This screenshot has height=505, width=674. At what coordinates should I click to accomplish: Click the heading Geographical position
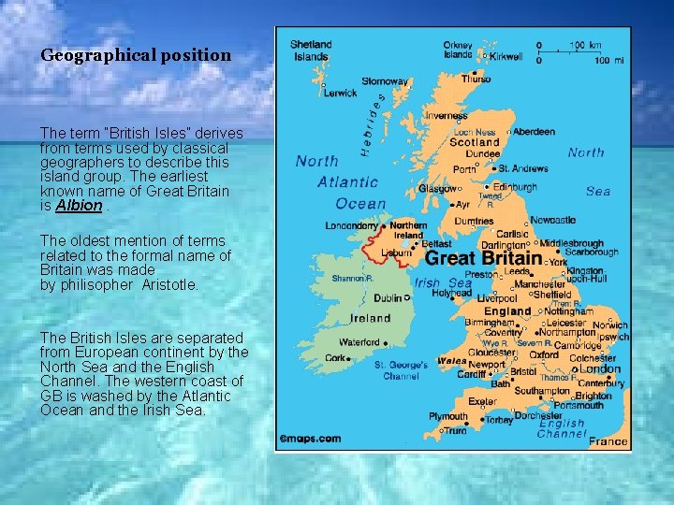click(x=135, y=55)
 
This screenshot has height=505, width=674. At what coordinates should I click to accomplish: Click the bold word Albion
click(x=79, y=206)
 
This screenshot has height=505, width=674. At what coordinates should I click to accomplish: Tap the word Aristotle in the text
click(x=170, y=285)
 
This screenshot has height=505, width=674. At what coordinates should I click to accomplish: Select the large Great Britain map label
click(x=483, y=258)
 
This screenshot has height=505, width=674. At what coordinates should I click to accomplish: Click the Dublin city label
click(x=388, y=298)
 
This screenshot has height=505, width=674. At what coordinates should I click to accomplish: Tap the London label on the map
click(x=600, y=368)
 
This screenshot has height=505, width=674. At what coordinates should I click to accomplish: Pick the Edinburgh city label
click(x=515, y=187)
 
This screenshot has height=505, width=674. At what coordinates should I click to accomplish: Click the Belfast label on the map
click(x=436, y=243)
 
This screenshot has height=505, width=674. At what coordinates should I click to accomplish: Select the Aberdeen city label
click(x=534, y=132)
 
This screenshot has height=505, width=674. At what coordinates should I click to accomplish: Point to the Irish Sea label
click(x=444, y=283)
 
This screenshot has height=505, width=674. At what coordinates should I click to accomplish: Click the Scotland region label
click(x=475, y=143)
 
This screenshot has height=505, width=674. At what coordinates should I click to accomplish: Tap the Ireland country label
click(x=371, y=318)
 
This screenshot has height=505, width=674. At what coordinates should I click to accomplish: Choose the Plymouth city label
click(x=448, y=417)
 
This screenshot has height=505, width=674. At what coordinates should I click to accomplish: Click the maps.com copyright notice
click(x=311, y=438)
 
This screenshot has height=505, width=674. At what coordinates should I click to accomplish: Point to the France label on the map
click(x=609, y=441)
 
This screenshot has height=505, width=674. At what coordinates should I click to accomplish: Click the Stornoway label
click(x=385, y=81)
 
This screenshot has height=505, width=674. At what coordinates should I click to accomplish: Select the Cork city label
click(x=336, y=358)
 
